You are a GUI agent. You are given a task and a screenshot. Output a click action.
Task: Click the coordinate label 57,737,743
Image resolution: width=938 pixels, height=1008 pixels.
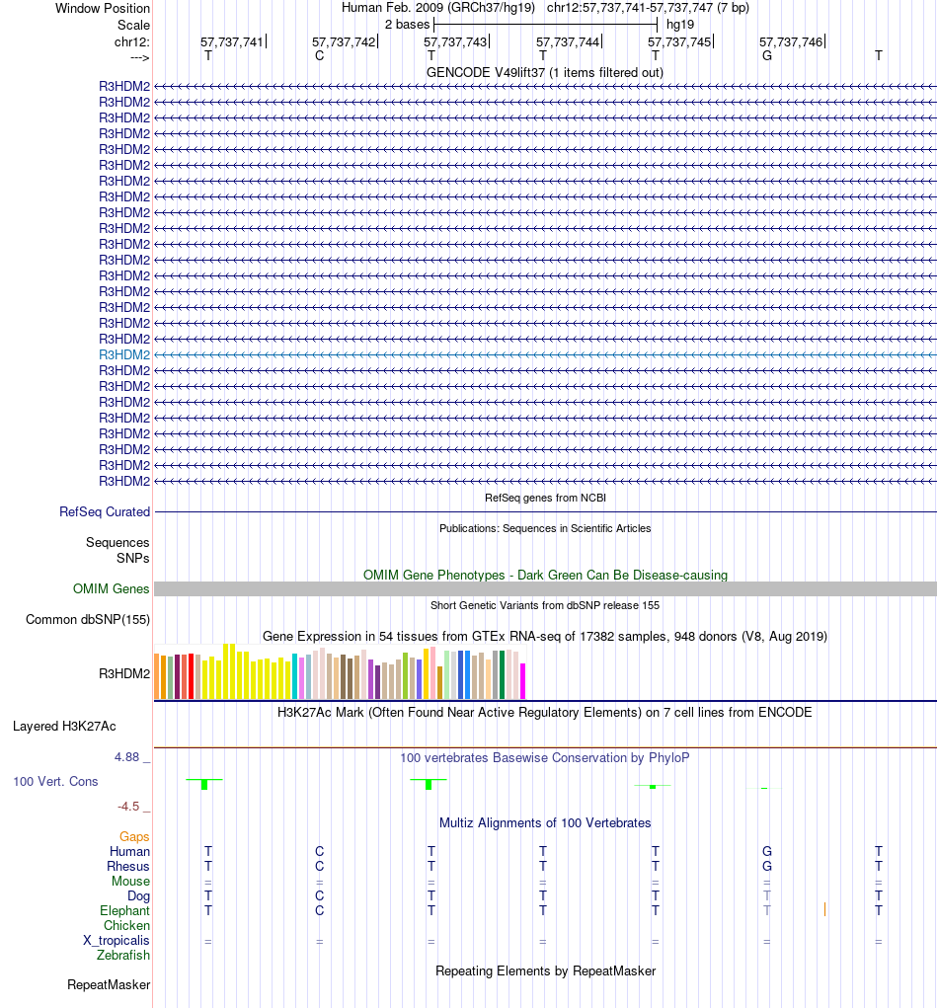(x=455, y=41)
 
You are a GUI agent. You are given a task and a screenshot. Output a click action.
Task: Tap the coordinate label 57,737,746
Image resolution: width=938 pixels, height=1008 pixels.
(x=790, y=41)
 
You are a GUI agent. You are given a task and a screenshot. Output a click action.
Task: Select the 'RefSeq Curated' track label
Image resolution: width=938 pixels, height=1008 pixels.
(x=105, y=512)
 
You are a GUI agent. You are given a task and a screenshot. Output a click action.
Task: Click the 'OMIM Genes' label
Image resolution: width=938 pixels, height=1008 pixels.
(x=112, y=589)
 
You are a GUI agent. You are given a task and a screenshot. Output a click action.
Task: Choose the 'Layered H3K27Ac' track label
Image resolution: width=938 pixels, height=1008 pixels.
(x=64, y=727)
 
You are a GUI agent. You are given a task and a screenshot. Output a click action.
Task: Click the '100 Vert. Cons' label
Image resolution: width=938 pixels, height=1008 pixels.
(x=55, y=782)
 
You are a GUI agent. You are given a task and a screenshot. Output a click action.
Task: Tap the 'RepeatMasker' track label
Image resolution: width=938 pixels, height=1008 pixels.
(x=109, y=985)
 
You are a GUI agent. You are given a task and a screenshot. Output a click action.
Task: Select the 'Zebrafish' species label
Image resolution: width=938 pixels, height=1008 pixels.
(x=123, y=956)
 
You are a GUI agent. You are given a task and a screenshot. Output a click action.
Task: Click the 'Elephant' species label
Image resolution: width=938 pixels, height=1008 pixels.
(x=124, y=911)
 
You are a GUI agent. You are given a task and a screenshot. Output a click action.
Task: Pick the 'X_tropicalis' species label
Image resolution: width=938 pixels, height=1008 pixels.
(x=117, y=941)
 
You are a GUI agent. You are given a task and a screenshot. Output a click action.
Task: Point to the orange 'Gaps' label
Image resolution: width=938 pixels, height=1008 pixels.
(x=134, y=837)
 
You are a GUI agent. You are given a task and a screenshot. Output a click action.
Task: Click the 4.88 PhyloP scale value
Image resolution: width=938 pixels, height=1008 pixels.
(x=129, y=757)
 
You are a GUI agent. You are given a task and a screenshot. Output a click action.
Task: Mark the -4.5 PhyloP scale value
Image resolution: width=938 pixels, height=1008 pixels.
(x=131, y=807)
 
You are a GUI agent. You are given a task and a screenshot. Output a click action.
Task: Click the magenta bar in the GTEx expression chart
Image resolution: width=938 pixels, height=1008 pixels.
(x=523, y=681)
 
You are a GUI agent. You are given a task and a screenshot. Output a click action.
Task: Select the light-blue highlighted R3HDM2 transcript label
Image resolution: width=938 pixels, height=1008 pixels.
(x=124, y=354)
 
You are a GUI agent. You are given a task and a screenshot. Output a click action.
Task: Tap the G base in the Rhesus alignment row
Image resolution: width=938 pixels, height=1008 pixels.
(x=767, y=867)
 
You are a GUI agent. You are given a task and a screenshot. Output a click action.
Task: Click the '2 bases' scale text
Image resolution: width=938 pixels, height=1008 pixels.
(x=407, y=24)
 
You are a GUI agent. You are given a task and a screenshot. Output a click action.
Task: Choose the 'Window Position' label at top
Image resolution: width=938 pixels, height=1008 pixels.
(x=103, y=8)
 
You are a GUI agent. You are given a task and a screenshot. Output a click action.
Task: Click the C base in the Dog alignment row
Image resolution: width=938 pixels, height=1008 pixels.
(x=319, y=896)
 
